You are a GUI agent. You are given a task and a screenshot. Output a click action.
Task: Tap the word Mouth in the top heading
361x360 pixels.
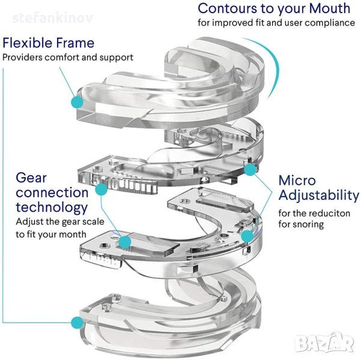[328, 8]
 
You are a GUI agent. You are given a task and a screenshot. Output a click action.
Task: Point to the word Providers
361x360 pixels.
[24, 58]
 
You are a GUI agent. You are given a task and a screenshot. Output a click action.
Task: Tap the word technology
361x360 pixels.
[52, 208]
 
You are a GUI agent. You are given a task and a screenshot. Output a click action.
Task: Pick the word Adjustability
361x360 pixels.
[318, 195]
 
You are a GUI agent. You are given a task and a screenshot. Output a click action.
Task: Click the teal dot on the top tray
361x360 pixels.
[76, 102]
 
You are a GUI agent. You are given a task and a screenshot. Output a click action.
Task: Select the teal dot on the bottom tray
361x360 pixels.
[76, 323]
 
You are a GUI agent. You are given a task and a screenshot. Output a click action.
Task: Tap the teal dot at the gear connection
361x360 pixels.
[125, 242]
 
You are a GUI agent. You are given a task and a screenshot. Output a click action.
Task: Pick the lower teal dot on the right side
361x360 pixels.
[246, 236]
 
